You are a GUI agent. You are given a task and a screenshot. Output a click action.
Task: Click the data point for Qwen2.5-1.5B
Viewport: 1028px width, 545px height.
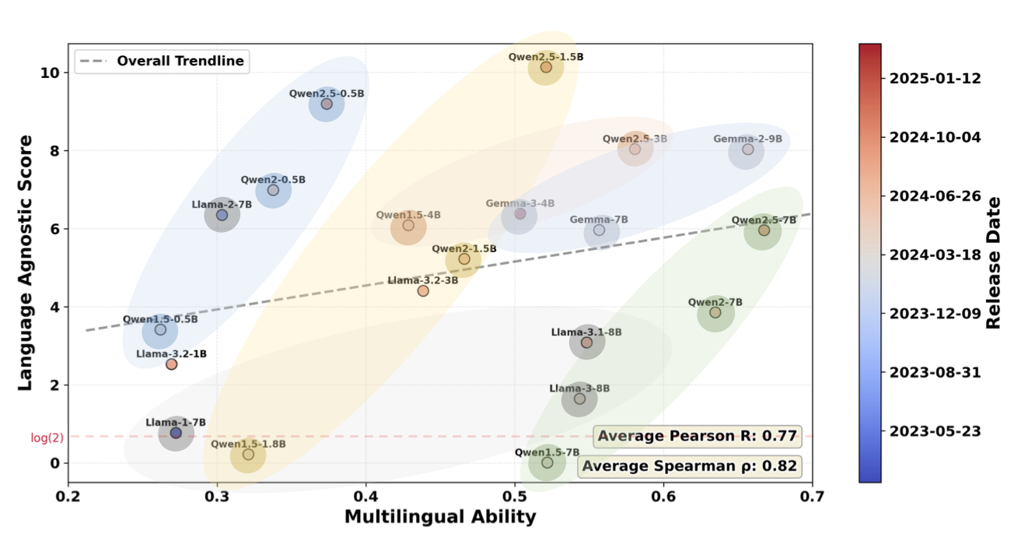[x=546, y=68]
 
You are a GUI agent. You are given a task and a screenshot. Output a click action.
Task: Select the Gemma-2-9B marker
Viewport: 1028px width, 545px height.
[x=747, y=149]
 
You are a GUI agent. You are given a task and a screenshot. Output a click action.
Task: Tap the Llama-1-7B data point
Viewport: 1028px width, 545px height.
[x=176, y=433]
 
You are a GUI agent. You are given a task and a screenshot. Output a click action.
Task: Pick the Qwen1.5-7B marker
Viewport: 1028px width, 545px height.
[x=547, y=462]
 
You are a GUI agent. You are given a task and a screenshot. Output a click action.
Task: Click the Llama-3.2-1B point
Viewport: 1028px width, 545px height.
[x=172, y=364]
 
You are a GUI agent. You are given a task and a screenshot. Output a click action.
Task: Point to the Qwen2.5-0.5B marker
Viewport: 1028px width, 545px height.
[x=327, y=104]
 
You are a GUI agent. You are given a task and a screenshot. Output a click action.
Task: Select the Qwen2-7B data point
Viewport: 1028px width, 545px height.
[x=715, y=313]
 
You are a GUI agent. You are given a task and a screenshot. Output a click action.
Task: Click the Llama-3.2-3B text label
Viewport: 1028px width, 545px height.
[x=422, y=280]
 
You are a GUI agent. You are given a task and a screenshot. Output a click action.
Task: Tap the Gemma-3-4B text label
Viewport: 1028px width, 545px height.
[x=520, y=204]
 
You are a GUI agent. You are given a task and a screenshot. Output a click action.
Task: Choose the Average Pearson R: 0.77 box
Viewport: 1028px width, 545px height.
[x=697, y=436]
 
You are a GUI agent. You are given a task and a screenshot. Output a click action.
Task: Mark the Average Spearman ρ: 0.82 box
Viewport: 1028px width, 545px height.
[x=690, y=466]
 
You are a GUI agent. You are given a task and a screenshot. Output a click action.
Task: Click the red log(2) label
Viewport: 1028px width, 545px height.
[x=47, y=438]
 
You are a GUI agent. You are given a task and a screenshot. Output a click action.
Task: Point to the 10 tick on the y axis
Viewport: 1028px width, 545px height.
[x=51, y=72]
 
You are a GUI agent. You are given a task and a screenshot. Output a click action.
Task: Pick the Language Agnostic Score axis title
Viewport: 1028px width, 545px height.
[x=25, y=262]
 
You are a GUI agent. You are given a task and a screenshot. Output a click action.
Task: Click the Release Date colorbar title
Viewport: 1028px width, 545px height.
[x=994, y=262]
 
